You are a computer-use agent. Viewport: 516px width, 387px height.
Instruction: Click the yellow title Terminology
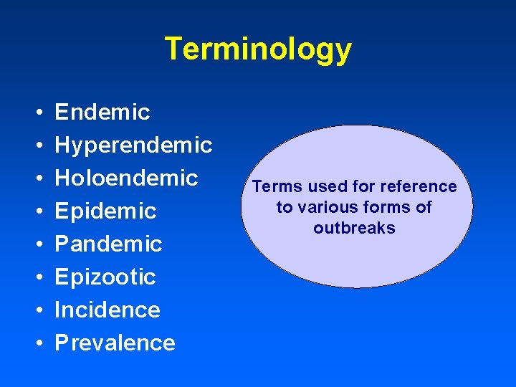click(x=258, y=49)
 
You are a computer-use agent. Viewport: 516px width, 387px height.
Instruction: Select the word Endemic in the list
click(x=102, y=112)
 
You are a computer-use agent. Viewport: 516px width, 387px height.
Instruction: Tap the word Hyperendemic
click(x=133, y=145)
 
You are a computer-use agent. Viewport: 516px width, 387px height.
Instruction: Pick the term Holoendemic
click(x=126, y=178)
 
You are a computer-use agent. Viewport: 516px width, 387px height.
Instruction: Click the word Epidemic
click(x=105, y=211)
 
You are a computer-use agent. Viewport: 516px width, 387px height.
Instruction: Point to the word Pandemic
click(x=108, y=244)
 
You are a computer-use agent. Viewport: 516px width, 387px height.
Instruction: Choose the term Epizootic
click(x=105, y=277)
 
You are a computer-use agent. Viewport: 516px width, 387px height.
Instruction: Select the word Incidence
click(x=107, y=310)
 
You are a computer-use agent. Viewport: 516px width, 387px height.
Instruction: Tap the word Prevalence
click(x=115, y=343)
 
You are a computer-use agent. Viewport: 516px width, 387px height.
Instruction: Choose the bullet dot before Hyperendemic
click(x=37, y=146)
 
